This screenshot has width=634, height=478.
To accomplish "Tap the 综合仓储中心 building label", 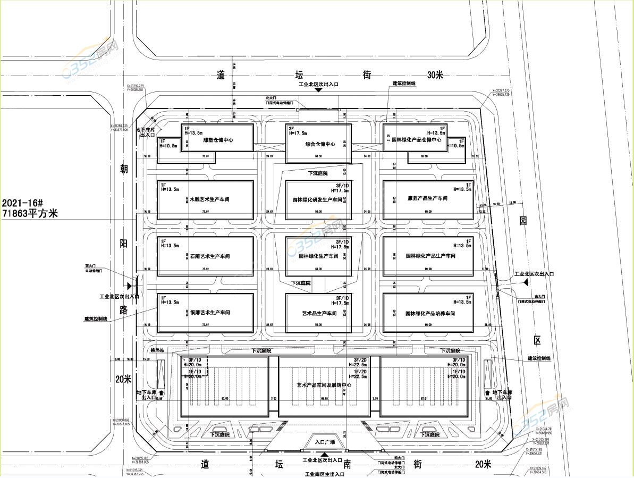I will point(320,144).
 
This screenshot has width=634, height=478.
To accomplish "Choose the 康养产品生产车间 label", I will point(427,198).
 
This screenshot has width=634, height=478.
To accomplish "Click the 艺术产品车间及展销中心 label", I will point(324,384).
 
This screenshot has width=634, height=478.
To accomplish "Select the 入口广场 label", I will point(324,442).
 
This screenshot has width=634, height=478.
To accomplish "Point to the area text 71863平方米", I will point(30,214).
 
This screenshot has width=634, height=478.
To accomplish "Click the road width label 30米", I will point(435,76).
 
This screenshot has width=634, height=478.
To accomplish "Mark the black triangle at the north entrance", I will point(318,90).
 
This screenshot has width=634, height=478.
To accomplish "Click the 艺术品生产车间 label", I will point(319,313).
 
